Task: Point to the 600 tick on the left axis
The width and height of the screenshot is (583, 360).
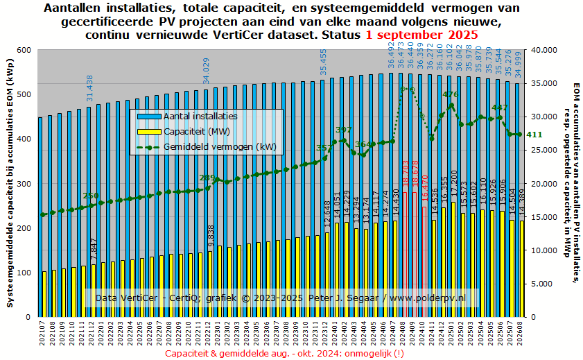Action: [x=25, y=50]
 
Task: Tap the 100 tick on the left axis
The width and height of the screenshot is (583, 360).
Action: [x=25, y=273]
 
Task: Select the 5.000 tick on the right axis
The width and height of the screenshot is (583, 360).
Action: [x=546, y=284]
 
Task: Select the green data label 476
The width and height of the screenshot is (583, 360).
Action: [x=451, y=94]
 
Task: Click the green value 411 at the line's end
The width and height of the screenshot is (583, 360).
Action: [x=534, y=135]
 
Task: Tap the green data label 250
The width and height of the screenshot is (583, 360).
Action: [x=91, y=196]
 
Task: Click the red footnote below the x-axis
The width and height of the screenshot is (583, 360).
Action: [x=284, y=353]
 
